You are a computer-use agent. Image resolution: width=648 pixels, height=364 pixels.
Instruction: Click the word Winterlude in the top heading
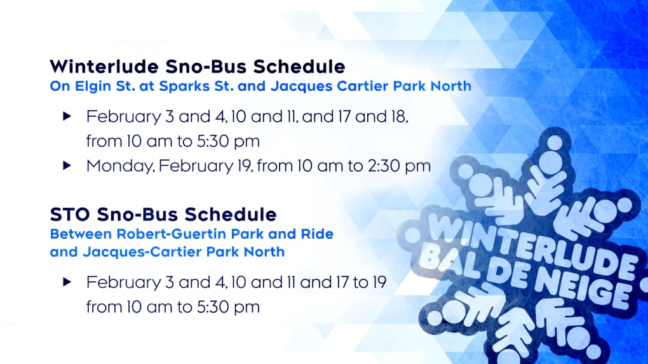[104, 67]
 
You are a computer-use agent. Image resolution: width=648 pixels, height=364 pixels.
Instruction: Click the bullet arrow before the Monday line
[67, 166]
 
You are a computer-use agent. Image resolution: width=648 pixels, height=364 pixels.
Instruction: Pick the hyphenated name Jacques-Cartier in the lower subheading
[142, 252]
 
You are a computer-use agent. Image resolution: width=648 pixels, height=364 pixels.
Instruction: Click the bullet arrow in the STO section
[67, 282]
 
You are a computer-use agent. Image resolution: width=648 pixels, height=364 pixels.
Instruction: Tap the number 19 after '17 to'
[378, 283]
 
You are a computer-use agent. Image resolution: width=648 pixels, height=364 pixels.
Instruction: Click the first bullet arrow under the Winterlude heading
[67, 116]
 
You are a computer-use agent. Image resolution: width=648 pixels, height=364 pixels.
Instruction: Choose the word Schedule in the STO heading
[231, 215]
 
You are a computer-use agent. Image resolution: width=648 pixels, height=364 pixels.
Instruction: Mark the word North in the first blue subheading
[451, 86]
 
